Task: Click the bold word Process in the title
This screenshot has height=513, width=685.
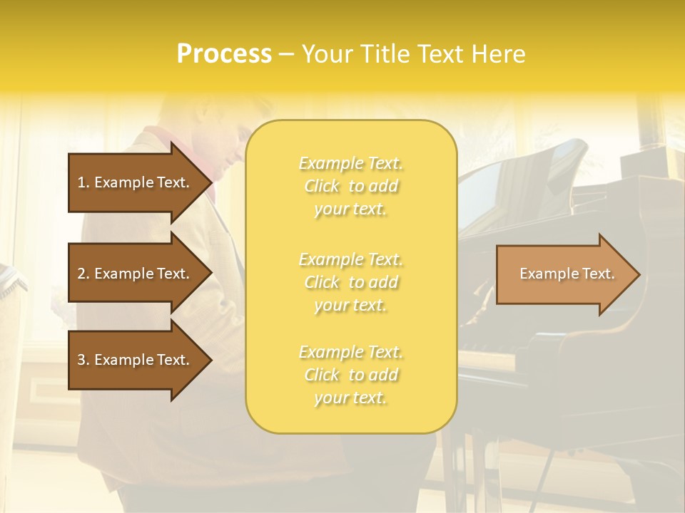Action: [224, 54]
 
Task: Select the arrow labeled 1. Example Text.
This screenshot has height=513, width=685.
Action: [136, 182]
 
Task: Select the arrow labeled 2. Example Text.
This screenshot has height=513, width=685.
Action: [136, 274]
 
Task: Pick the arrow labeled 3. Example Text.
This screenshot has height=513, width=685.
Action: [136, 360]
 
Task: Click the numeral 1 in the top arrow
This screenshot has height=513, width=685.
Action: [81, 182]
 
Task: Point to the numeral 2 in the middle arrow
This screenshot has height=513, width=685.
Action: [81, 274]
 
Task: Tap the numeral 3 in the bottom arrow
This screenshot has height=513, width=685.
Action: [81, 360]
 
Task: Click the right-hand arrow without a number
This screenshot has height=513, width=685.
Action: [564, 274]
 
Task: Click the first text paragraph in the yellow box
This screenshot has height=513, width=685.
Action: [350, 186]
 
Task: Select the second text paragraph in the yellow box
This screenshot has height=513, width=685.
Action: [350, 282]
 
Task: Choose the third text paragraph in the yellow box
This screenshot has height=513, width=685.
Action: [350, 375]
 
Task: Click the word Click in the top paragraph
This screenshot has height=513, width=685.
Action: [322, 186]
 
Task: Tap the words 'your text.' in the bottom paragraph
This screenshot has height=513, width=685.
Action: [350, 398]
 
